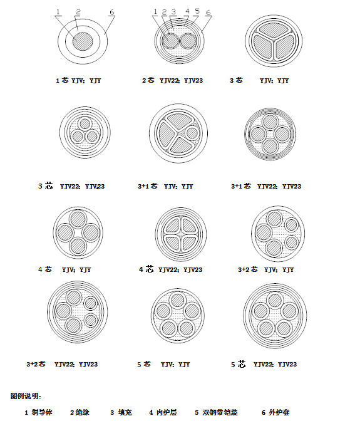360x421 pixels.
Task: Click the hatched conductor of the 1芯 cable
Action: [83, 41]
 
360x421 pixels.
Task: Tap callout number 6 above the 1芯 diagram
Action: [112, 12]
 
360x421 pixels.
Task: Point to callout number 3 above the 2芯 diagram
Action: [173, 12]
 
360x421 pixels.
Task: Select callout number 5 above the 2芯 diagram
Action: [197, 11]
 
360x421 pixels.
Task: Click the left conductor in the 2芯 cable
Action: [170, 41]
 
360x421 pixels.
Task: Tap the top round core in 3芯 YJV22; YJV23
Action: [85, 124]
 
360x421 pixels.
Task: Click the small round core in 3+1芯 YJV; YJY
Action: [192, 133]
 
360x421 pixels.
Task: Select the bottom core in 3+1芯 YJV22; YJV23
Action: [270, 147]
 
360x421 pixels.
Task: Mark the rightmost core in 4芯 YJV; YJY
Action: [91, 233]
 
